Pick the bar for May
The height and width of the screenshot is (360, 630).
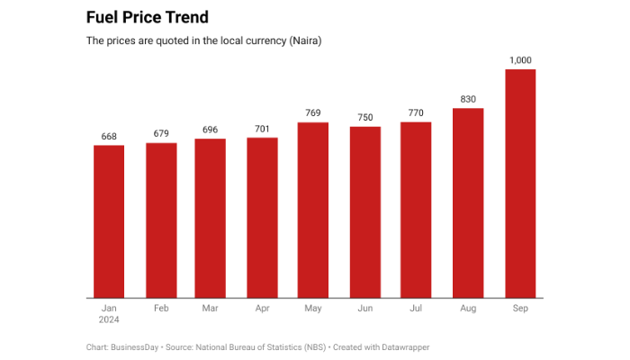click(x=312, y=210)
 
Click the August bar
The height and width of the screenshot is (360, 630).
click(x=468, y=202)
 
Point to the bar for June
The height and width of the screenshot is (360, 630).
click(x=365, y=211)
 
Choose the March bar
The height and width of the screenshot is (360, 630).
click(x=210, y=218)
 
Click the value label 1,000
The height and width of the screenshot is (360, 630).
click(x=521, y=60)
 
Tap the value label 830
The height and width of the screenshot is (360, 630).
click(x=468, y=99)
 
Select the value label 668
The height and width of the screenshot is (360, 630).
click(x=109, y=136)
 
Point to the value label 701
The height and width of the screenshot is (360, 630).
click(x=262, y=129)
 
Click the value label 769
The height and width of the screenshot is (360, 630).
click(x=312, y=113)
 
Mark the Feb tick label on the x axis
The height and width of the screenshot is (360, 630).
click(x=161, y=308)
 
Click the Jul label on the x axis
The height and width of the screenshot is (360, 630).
click(x=416, y=308)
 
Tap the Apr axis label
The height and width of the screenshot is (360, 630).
click(x=262, y=308)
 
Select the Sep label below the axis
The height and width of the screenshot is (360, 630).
click(x=521, y=308)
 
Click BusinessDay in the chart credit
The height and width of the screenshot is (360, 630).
click(x=135, y=346)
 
